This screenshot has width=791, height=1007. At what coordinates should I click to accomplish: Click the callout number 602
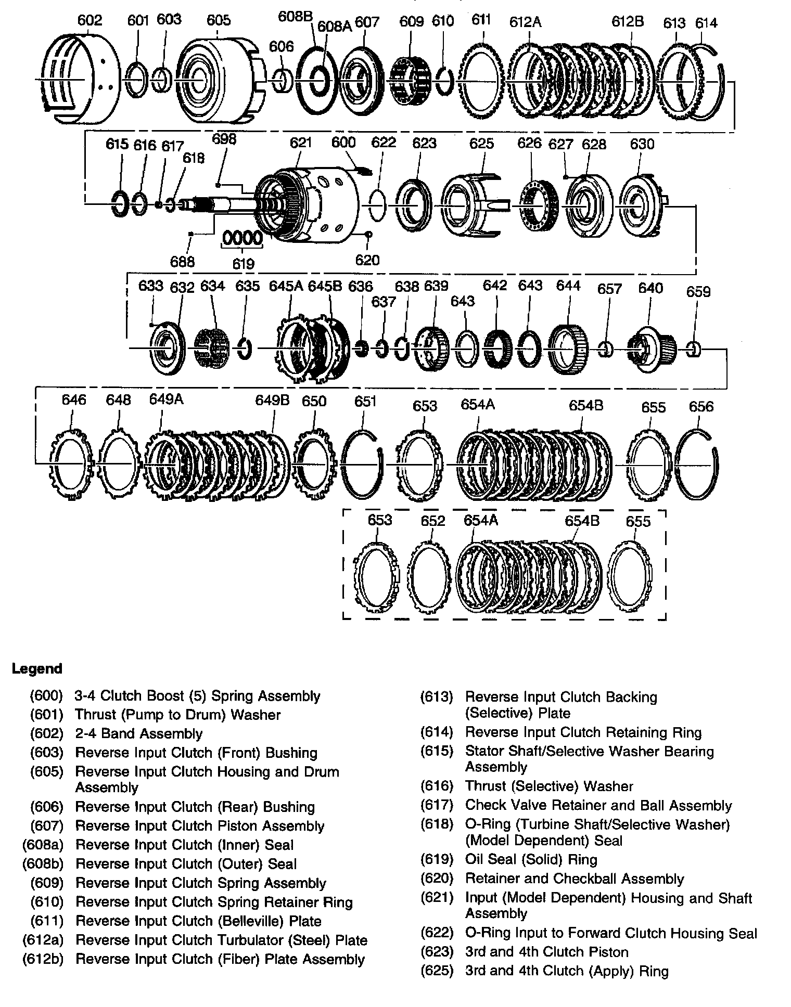point(90,20)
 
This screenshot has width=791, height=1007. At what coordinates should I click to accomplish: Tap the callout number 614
point(706,23)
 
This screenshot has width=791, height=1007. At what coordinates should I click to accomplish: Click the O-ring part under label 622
point(378,206)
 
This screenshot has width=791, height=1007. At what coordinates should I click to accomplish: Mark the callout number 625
point(481,144)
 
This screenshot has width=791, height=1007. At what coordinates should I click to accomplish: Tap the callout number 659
point(698,291)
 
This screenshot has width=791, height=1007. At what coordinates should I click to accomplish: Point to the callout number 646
point(74,400)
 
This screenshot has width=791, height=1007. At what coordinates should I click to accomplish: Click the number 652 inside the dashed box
point(433,521)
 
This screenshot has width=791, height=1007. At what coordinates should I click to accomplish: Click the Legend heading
point(37,668)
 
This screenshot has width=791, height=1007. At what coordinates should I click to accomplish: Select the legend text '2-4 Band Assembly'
point(138,733)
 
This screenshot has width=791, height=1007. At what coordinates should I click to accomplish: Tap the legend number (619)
point(437,859)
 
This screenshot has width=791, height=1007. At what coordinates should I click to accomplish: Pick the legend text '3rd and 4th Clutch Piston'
point(546,952)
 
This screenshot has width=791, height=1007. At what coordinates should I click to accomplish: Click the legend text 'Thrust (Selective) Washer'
point(549,786)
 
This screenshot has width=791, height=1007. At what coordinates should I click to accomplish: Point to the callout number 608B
point(295,16)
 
